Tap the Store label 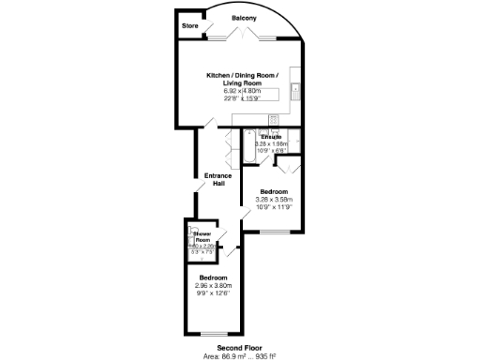click(191, 25)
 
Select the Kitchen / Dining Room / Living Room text click(243, 79)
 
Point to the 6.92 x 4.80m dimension click(243, 90)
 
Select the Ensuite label click(273, 137)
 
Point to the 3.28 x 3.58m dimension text click(274, 199)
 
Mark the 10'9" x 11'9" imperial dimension click(274, 207)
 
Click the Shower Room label click(202, 238)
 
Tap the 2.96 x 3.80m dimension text click(212, 286)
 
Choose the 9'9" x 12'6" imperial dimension click(212, 294)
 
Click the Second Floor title click(238, 347)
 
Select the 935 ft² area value click(264, 355)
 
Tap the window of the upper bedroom click(278, 231)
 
